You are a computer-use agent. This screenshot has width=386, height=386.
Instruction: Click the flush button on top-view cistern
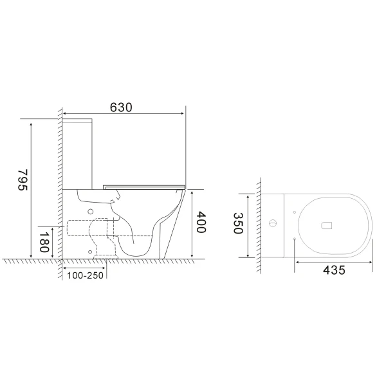point(273,225)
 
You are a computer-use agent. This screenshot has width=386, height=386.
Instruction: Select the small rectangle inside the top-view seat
point(326,225)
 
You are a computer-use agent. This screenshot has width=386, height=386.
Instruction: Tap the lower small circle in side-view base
point(89,248)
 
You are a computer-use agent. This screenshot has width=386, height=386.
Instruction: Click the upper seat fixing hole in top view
point(294,211)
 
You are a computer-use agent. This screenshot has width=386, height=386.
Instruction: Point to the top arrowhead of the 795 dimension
point(30,120)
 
